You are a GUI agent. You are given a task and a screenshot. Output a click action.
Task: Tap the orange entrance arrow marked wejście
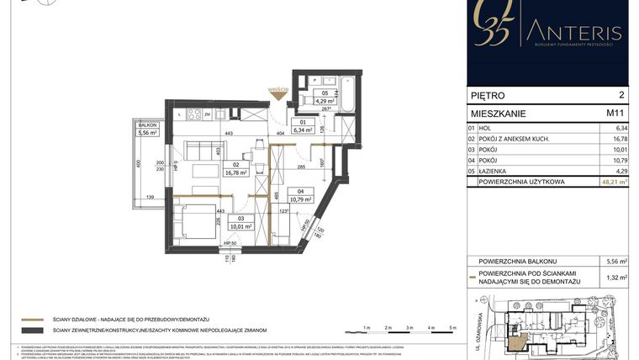tap(279, 95)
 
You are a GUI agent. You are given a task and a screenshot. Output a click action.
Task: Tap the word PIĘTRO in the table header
tap(491, 97)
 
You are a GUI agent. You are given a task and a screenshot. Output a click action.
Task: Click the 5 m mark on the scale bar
tap(451, 327)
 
